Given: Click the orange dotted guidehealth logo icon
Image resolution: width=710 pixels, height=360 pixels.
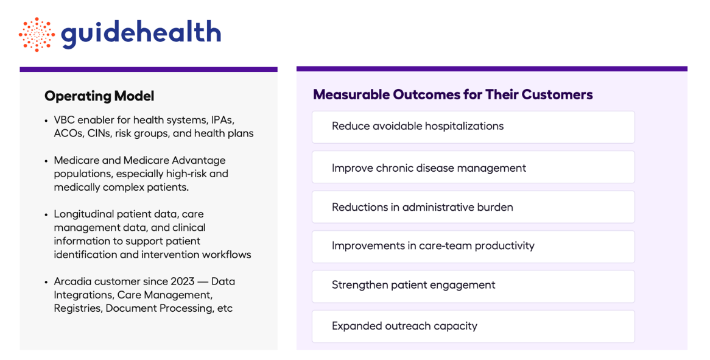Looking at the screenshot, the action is click(37, 34).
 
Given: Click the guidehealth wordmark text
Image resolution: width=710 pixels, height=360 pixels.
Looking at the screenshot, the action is click(141, 34).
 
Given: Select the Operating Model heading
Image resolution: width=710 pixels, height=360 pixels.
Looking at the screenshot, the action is click(99, 96).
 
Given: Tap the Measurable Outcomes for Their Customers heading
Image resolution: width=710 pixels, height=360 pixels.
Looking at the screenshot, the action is click(453, 94).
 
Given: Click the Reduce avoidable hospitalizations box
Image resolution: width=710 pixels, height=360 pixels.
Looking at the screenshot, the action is click(473, 127).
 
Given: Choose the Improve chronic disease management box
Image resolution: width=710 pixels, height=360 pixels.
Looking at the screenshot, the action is click(473, 167).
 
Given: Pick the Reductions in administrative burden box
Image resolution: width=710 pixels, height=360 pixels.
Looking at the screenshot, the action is click(473, 207).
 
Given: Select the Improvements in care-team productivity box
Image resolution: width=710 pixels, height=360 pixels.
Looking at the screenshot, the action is click(473, 247).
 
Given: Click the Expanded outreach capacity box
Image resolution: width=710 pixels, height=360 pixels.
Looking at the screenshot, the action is click(473, 326).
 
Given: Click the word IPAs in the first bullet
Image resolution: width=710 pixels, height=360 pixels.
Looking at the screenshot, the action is click(223, 120).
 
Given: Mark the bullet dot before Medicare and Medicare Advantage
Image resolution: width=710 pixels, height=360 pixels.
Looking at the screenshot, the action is click(46, 161).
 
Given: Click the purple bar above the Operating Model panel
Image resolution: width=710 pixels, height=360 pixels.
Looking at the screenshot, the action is click(149, 69).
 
